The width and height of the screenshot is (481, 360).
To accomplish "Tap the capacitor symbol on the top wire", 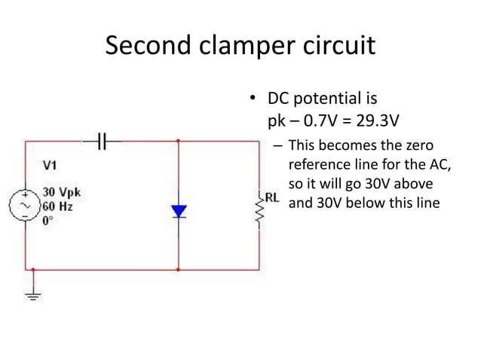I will coord(105,139).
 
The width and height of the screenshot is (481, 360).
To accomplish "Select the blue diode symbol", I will coord(179,211).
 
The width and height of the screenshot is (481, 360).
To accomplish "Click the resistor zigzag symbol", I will coord(259,215).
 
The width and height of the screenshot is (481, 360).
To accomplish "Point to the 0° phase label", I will coord(48,218).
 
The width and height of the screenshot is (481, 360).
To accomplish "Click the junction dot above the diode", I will coord(179,140).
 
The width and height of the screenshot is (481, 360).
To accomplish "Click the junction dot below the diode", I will coord(179,268).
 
